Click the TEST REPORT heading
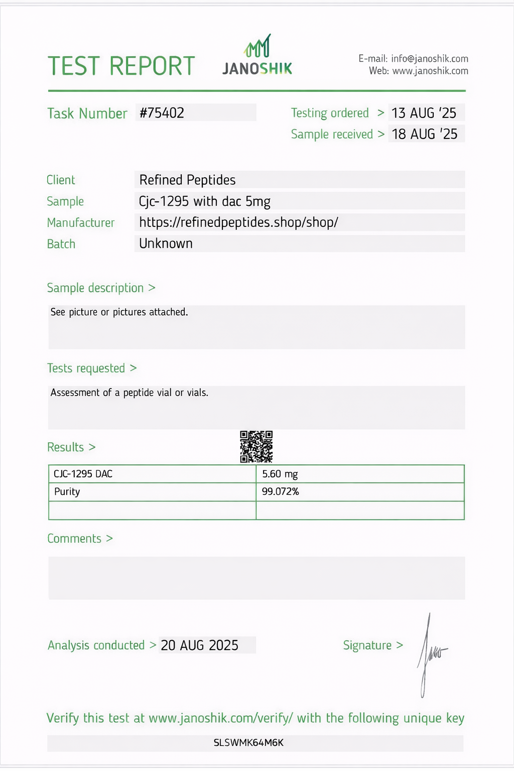pos(121,66)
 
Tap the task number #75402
pos(162,113)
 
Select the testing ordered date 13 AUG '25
pos(424,113)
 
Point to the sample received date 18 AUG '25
pos(424,134)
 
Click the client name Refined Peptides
pos(187,180)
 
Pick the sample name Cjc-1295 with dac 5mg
pos(204,201)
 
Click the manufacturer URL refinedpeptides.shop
pos(238,222)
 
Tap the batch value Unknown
pos(166,243)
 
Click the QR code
pos(256,446)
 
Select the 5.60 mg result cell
pos(280,474)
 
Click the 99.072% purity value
pos(280,491)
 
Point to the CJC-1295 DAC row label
pos(83,474)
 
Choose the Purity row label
pos(67,491)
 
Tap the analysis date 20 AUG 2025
pos(199,645)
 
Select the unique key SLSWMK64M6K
pos(248,743)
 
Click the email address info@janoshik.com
pos(429,59)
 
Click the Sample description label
pos(95,288)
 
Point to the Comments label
pos(74,539)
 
